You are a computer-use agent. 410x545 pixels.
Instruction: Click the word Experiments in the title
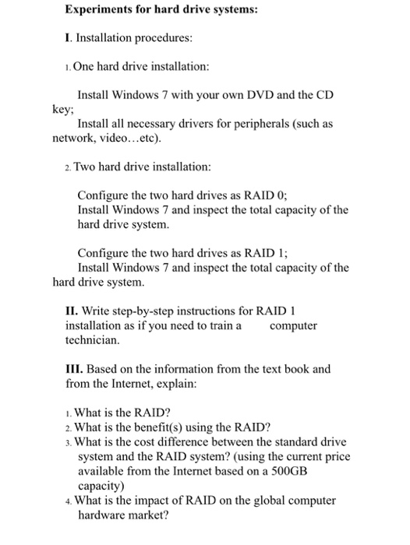[101, 12]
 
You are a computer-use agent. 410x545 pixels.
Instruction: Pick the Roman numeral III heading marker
[74, 369]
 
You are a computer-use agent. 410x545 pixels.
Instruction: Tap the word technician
[92, 340]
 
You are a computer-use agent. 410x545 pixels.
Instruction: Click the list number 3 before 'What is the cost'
[69, 441]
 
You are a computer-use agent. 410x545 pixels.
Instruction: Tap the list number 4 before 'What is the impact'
[69, 501]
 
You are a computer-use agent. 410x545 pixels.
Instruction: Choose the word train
[219, 325]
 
